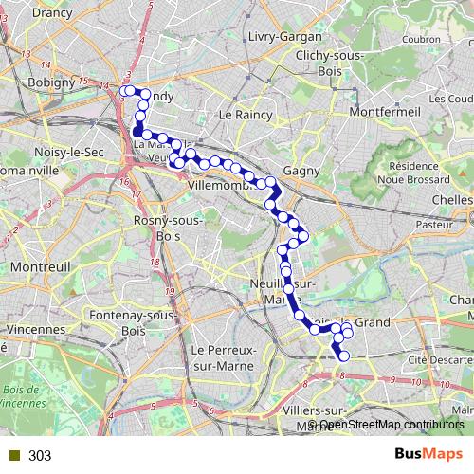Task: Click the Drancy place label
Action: tap(52, 13)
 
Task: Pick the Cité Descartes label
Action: tap(439, 360)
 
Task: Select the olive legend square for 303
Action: tap(11, 456)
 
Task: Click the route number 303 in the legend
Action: tap(40, 456)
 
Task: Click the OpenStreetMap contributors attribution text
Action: tap(389, 425)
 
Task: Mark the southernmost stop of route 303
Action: tap(344, 355)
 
